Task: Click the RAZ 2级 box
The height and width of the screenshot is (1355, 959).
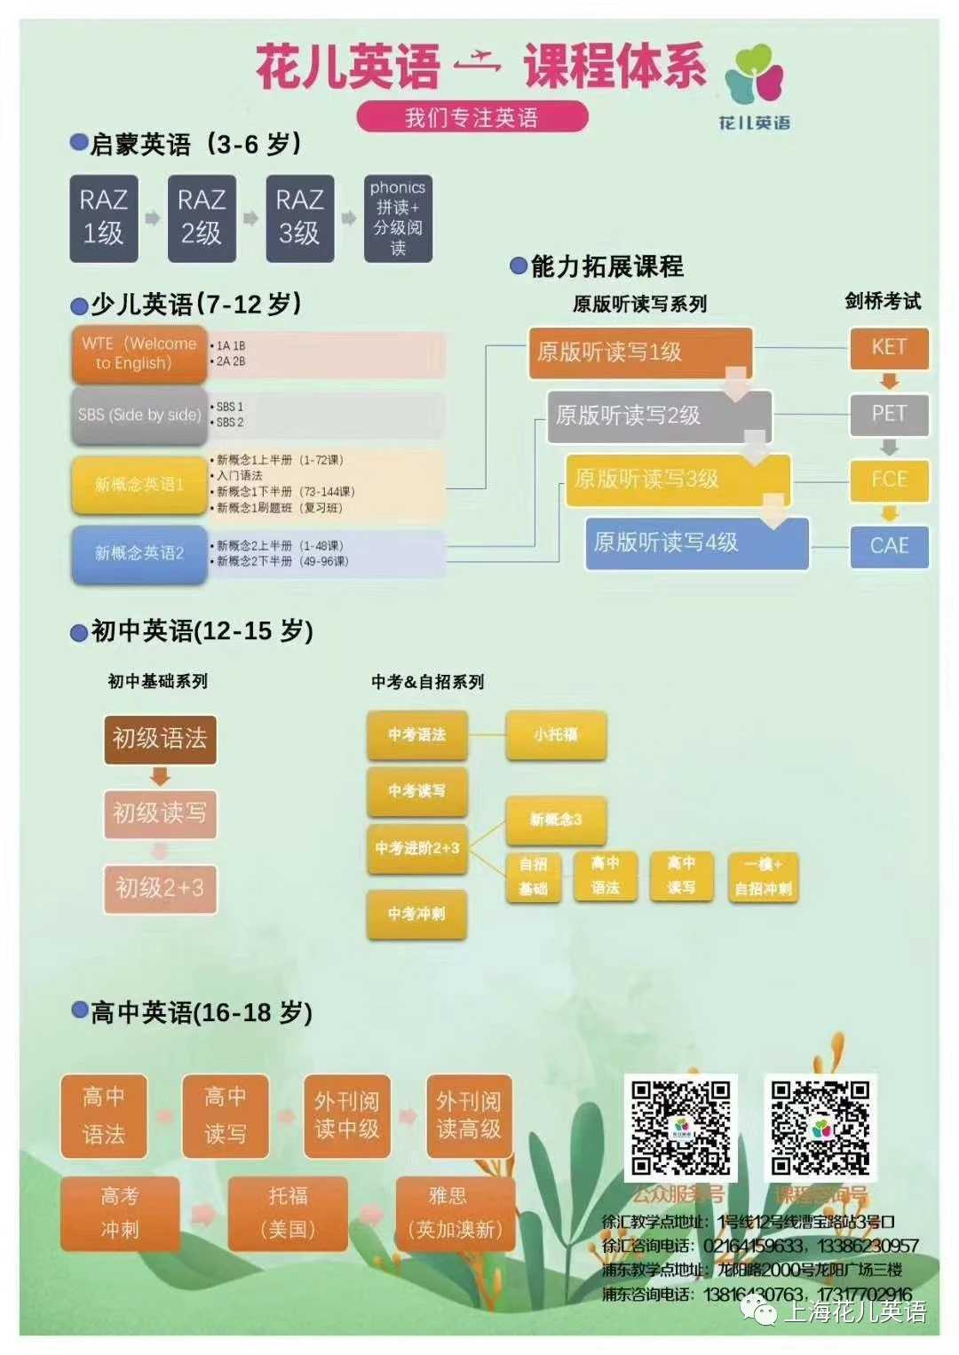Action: click(202, 218)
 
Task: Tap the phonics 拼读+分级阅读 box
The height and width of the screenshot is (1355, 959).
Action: click(398, 218)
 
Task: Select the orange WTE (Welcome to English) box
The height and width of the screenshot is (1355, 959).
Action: click(139, 353)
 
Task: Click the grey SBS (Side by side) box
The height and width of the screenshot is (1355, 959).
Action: click(139, 415)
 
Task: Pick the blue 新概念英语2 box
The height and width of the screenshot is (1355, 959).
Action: click(139, 553)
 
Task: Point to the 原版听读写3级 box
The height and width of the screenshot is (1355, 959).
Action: click(677, 479)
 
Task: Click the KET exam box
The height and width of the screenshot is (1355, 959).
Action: click(889, 347)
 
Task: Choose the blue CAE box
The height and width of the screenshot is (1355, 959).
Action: click(889, 545)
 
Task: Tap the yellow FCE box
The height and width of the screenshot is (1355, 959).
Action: click(889, 479)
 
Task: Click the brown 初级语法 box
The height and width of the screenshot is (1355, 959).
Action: click(160, 739)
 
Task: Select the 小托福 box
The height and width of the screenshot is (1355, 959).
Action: click(556, 734)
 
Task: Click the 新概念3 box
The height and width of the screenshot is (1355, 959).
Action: click(556, 820)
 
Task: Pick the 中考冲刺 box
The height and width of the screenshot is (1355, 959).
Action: click(416, 914)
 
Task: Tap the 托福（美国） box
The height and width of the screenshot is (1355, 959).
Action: click(288, 1213)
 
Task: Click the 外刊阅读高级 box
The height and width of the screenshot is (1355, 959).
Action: click(469, 1115)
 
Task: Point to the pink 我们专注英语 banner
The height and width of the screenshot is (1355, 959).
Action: click(472, 117)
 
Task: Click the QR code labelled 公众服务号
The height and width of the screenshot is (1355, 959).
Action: click(681, 1127)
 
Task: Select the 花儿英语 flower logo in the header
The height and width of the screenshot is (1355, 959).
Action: click(754, 75)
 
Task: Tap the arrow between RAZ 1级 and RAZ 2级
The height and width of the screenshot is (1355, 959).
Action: click(153, 218)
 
